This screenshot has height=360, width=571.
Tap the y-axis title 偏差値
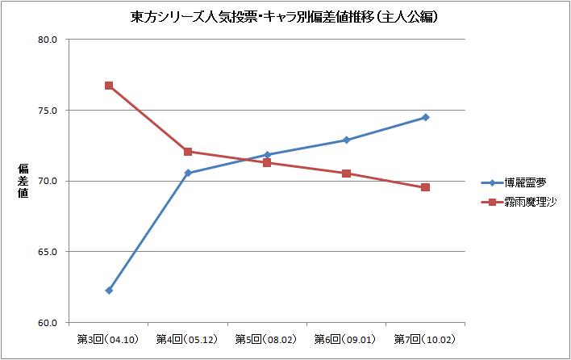(x=23, y=180)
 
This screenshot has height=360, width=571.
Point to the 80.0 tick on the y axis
(x=48, y=40)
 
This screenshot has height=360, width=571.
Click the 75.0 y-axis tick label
(x=48, y=111)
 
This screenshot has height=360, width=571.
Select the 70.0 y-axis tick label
(x=48, y=181)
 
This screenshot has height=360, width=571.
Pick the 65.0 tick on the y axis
(x=48, y=252)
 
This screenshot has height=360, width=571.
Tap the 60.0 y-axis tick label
(x=48, y=323)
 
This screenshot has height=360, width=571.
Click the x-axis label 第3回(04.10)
(x=109, y=338)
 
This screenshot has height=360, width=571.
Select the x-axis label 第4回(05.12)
(x=188, y=338)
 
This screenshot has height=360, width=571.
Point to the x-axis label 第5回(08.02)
(x=267, y=338)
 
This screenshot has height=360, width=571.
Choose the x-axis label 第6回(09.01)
(x=346, y=338)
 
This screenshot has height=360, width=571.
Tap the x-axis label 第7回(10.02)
(x=425, y=338)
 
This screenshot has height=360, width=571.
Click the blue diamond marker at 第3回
(x=109, y=291)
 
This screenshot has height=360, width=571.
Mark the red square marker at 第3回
(x=109, y=86)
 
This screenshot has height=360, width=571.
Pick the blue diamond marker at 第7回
(x=425, y=117)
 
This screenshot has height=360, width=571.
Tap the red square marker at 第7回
(x=425, y=187)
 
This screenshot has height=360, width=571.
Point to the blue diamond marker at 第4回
(x=188, y=173)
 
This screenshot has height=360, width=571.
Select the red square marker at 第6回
(x=346, y=174)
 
